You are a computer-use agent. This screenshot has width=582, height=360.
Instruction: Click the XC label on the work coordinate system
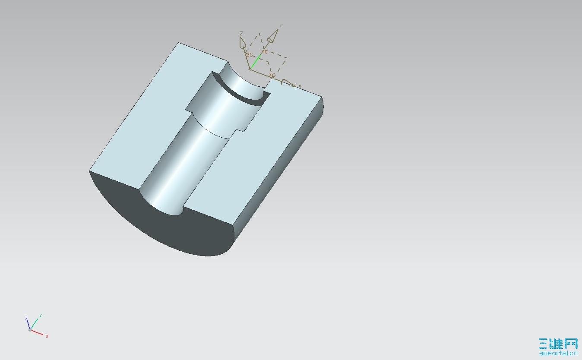[x=272, y=75]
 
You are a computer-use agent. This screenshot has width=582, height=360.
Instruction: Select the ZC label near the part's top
[x=249, y=55]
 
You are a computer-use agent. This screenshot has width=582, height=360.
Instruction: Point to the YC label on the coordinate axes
[x=265, y=52]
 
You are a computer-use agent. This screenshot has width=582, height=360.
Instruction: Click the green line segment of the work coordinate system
[x=255, y=61]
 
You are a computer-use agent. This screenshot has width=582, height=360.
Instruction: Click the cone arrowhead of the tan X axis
[x=288, y=82]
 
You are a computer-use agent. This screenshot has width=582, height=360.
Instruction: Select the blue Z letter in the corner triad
[x=26, y=319]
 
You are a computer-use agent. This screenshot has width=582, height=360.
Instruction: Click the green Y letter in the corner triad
[x=40, y=316]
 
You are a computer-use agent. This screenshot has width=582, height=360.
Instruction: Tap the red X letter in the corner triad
[x=47, y=336]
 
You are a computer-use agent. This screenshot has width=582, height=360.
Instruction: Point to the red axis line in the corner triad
[x=37, y=332]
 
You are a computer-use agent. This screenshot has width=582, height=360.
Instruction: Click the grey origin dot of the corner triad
[x=30, y=330]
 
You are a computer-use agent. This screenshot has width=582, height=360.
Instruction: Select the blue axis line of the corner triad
[x=28, y=325]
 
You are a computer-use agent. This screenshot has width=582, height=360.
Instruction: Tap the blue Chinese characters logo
[x=558, y=343]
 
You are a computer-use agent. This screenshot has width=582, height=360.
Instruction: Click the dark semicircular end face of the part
[x=173, y=229]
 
